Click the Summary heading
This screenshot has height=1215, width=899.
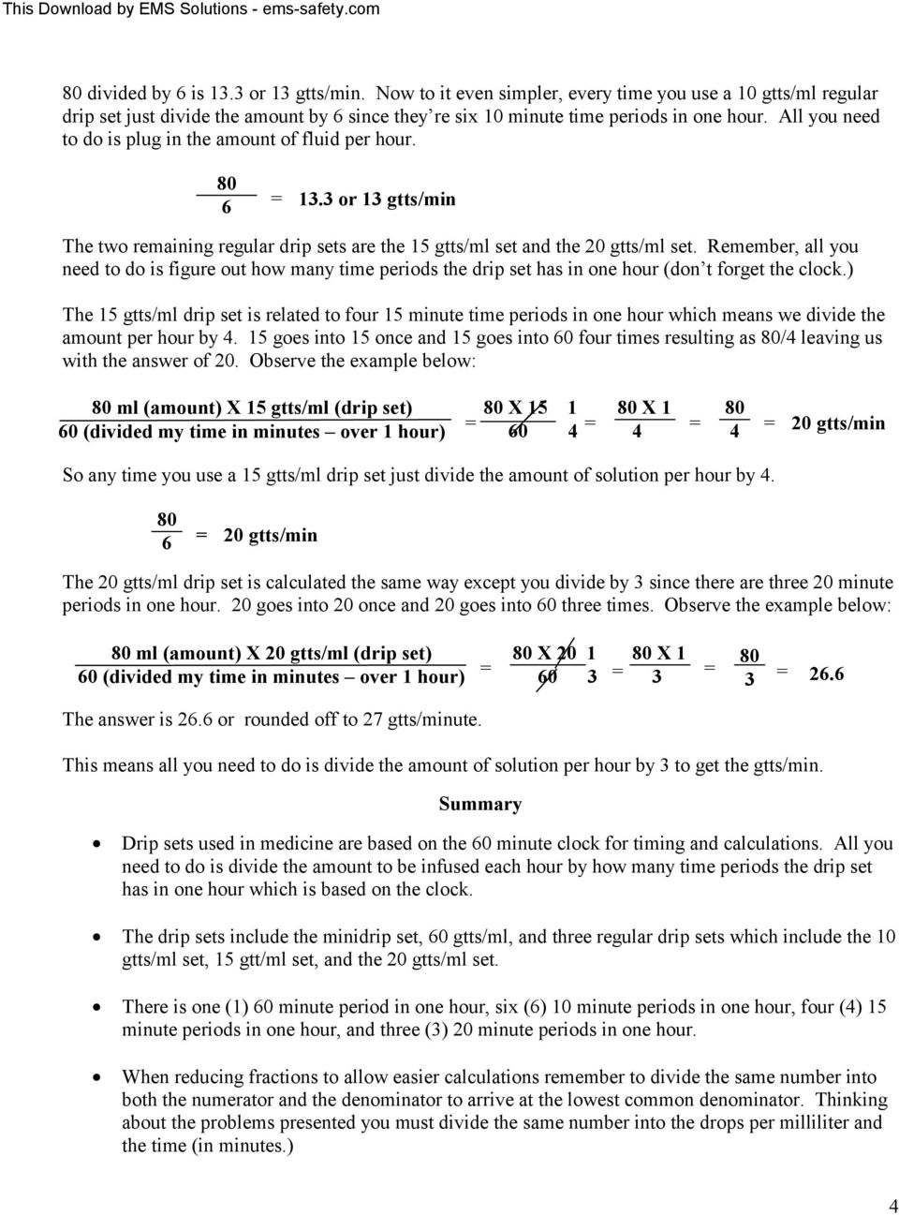point(479,804)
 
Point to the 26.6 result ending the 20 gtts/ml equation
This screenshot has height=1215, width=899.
point(826,674)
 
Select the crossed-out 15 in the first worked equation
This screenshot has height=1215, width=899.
point(538,408)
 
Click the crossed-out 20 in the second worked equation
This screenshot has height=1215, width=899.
point(567,653)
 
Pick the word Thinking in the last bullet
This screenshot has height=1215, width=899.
point(851,1100)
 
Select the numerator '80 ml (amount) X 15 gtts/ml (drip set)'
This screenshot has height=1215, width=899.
point(252,408)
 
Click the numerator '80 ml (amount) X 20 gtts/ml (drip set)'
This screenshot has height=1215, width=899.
point(272,653)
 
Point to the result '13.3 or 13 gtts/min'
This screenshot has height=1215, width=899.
point(377,199)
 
